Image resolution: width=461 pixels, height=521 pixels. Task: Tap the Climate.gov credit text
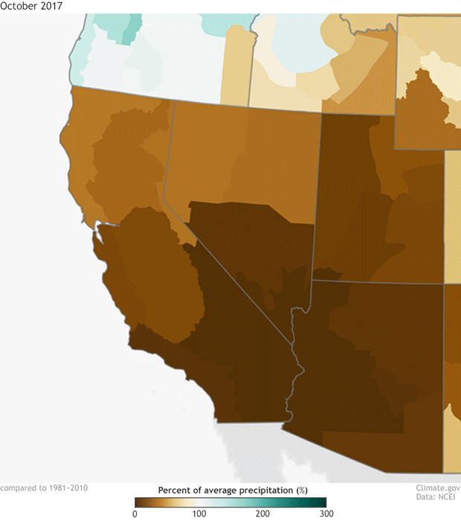click(438, 489)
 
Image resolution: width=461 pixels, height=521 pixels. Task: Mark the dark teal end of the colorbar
click(321, 502)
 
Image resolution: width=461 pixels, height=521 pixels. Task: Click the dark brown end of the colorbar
click(139, 502)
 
